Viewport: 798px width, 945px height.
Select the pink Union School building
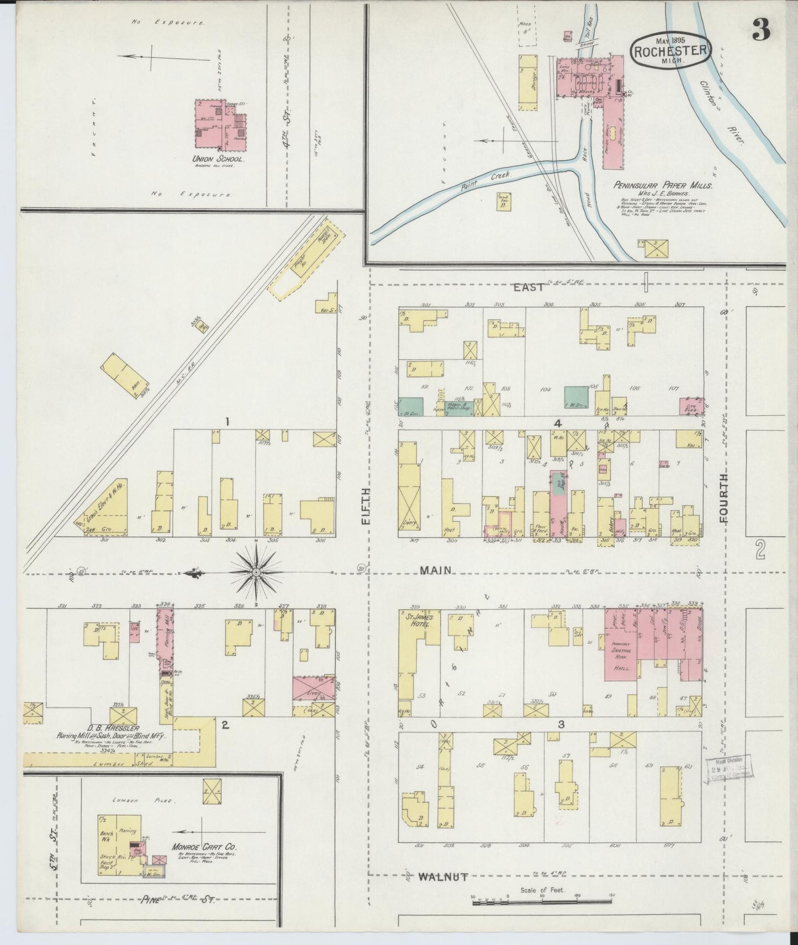click(219, 125)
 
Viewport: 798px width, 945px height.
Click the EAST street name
click(529, 287)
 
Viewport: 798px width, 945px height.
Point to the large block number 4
click(558, 423)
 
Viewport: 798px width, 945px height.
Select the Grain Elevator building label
click(103, 512)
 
